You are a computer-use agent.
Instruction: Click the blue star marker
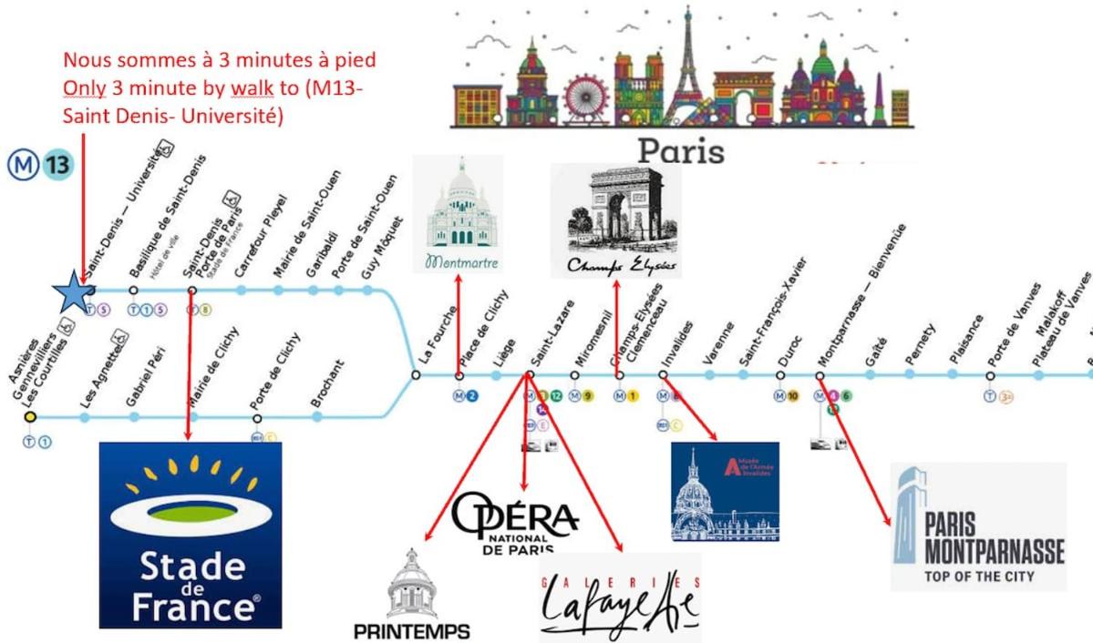[x=73, y=292]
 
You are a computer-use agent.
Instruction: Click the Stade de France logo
[x=190, y=535]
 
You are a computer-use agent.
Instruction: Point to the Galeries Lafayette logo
[x=620, y=597]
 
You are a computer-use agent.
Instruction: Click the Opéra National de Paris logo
[x=515, y=524]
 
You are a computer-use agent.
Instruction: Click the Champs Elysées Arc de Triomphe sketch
[x=616, y=221]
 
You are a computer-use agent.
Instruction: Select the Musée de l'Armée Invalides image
[x=725, y=492]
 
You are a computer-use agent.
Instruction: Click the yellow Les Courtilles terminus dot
[x=30, y=416]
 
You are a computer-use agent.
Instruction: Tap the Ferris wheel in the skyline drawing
[x=585, y=97]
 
